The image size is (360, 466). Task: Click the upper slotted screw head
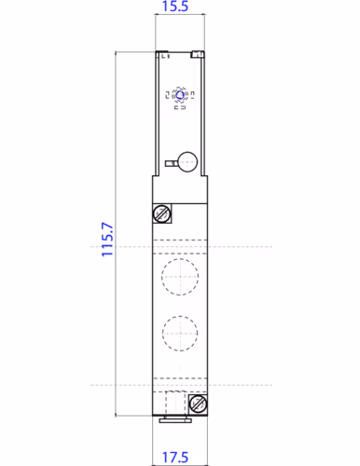162,214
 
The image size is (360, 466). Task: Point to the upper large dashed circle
177,275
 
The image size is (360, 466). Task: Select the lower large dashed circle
177,331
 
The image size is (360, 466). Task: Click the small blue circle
180,94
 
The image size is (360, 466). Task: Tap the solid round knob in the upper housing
187,160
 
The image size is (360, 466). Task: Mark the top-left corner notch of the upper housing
160,53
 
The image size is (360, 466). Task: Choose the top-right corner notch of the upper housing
198,53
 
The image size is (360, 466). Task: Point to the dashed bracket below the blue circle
180,108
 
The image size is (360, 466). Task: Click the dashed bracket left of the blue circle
169,94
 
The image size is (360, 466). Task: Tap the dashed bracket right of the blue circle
191,94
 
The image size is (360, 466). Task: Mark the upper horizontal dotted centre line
233,247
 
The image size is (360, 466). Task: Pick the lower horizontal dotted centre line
233,384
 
